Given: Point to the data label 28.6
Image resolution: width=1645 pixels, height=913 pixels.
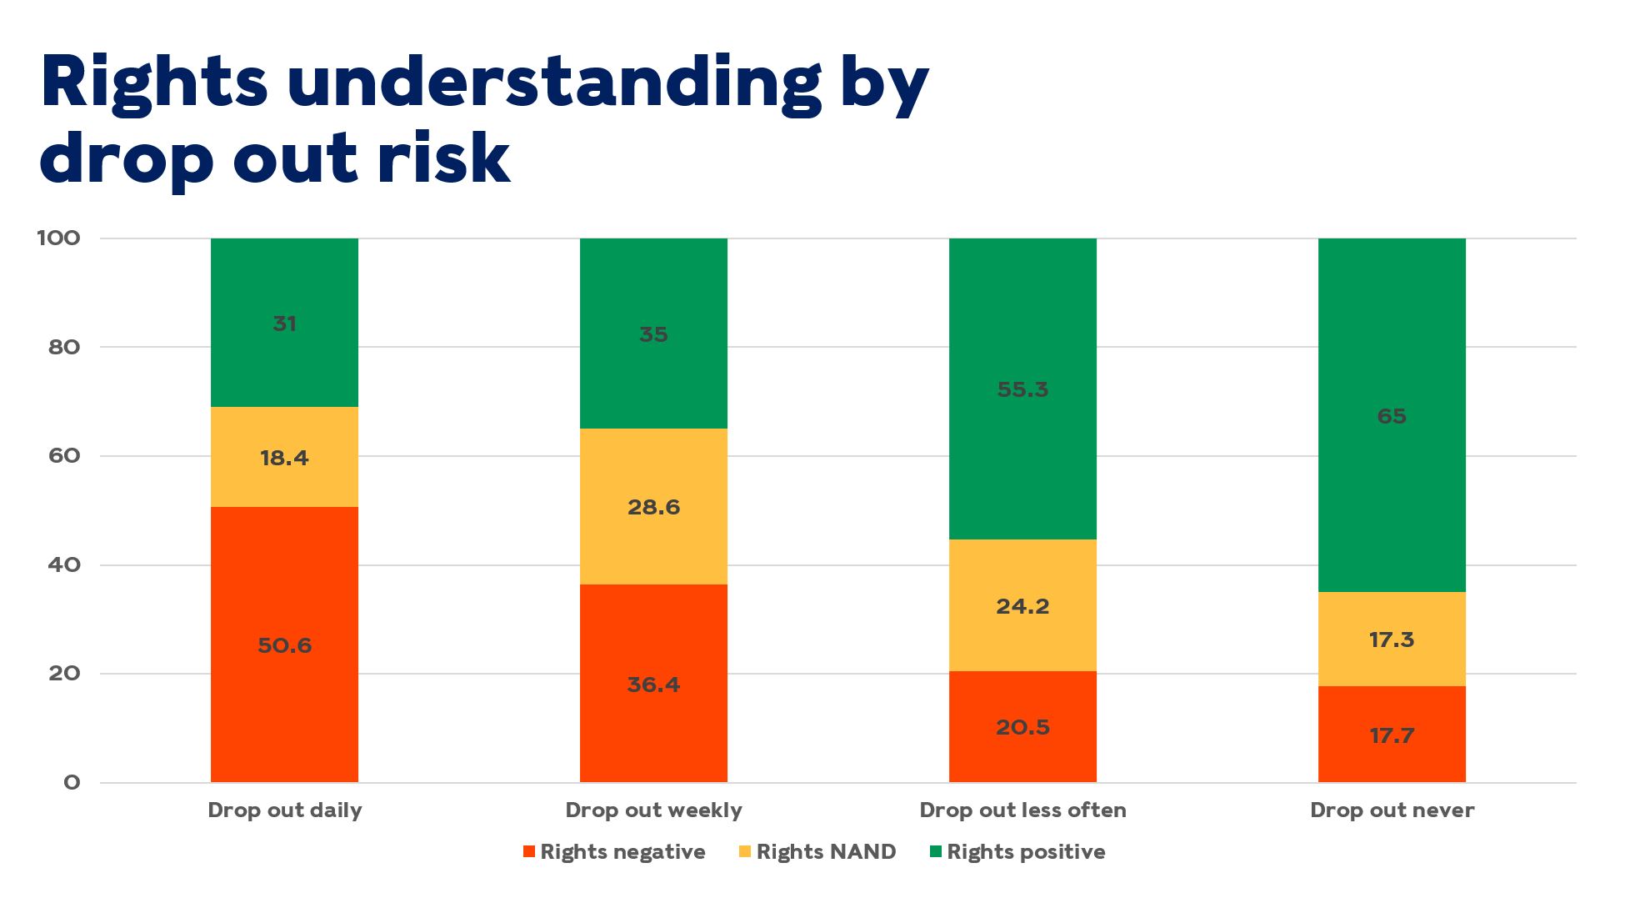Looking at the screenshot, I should point(653,507).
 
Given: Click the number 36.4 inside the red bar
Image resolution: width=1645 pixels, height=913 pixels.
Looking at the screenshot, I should point(653,685).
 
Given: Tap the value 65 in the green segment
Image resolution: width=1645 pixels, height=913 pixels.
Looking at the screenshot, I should point(1392,416).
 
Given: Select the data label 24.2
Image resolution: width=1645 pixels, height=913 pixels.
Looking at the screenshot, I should point(1022,606).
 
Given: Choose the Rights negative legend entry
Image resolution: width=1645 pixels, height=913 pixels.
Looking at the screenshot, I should point(622,851).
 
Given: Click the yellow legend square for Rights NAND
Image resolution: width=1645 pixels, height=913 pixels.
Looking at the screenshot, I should point(745,851).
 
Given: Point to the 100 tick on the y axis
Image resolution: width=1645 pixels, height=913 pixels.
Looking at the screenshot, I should point(58,238).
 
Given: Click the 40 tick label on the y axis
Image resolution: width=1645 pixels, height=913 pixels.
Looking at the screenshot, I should point(64,564).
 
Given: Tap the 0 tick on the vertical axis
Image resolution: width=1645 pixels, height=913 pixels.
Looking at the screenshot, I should point(72,782).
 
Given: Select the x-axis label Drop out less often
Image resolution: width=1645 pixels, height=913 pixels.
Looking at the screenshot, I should point(1022,810).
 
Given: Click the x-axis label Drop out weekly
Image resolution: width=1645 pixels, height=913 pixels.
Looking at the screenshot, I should point(653,810).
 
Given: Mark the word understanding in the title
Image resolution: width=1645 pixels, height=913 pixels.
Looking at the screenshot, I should point(554,83).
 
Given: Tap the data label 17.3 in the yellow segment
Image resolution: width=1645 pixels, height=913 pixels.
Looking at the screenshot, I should point(1392,640).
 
